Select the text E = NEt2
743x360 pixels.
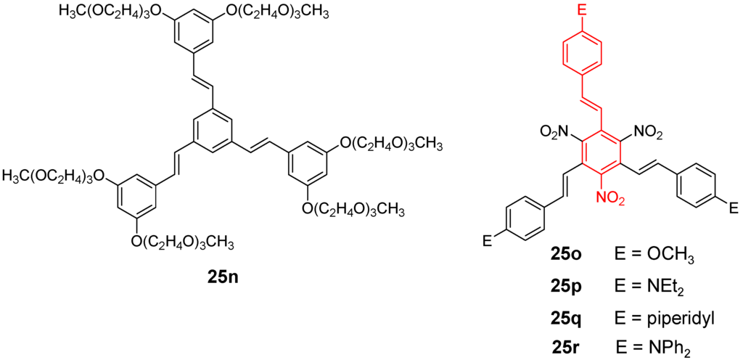649,288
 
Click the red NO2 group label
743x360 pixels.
610,197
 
